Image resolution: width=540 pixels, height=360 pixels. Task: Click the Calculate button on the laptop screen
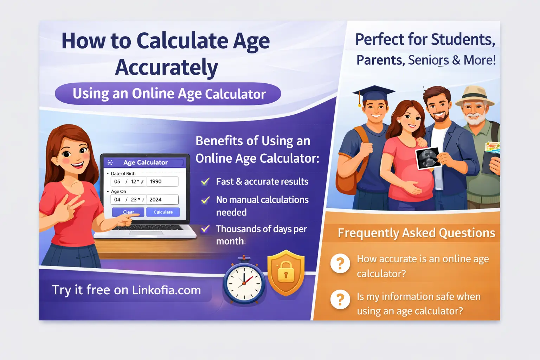click(x=163, y=212)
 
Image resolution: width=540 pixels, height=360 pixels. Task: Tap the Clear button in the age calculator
click(x=128, y=212)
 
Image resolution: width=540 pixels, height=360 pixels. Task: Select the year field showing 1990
click(x=161, y=181)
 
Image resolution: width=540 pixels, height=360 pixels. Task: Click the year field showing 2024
click(x=161, y=200)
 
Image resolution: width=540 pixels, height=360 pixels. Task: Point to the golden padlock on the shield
click(x=286, y=271)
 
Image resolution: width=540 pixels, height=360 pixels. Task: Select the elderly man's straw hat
click(x=475, y=95)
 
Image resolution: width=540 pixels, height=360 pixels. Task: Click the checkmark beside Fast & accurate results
click(x=205, y=182)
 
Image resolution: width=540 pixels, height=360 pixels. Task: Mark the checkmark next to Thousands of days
click(x=205, y=229)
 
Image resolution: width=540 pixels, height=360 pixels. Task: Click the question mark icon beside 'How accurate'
click(x=340, y=263)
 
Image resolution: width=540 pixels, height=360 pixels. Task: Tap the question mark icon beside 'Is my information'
click(x=340, y=300)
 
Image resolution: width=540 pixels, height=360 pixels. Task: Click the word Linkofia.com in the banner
click(x=166, y=290)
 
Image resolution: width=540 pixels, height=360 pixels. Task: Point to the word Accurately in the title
click(x=166, y=67)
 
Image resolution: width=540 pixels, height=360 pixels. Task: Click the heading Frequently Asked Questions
click(x=416, y=233)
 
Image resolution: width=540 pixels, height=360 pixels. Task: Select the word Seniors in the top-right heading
click(x=428, y=60)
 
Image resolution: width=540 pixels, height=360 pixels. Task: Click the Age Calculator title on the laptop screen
click(x=145, y=162)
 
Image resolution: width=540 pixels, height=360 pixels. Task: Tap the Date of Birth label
click(x=123, y=174)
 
